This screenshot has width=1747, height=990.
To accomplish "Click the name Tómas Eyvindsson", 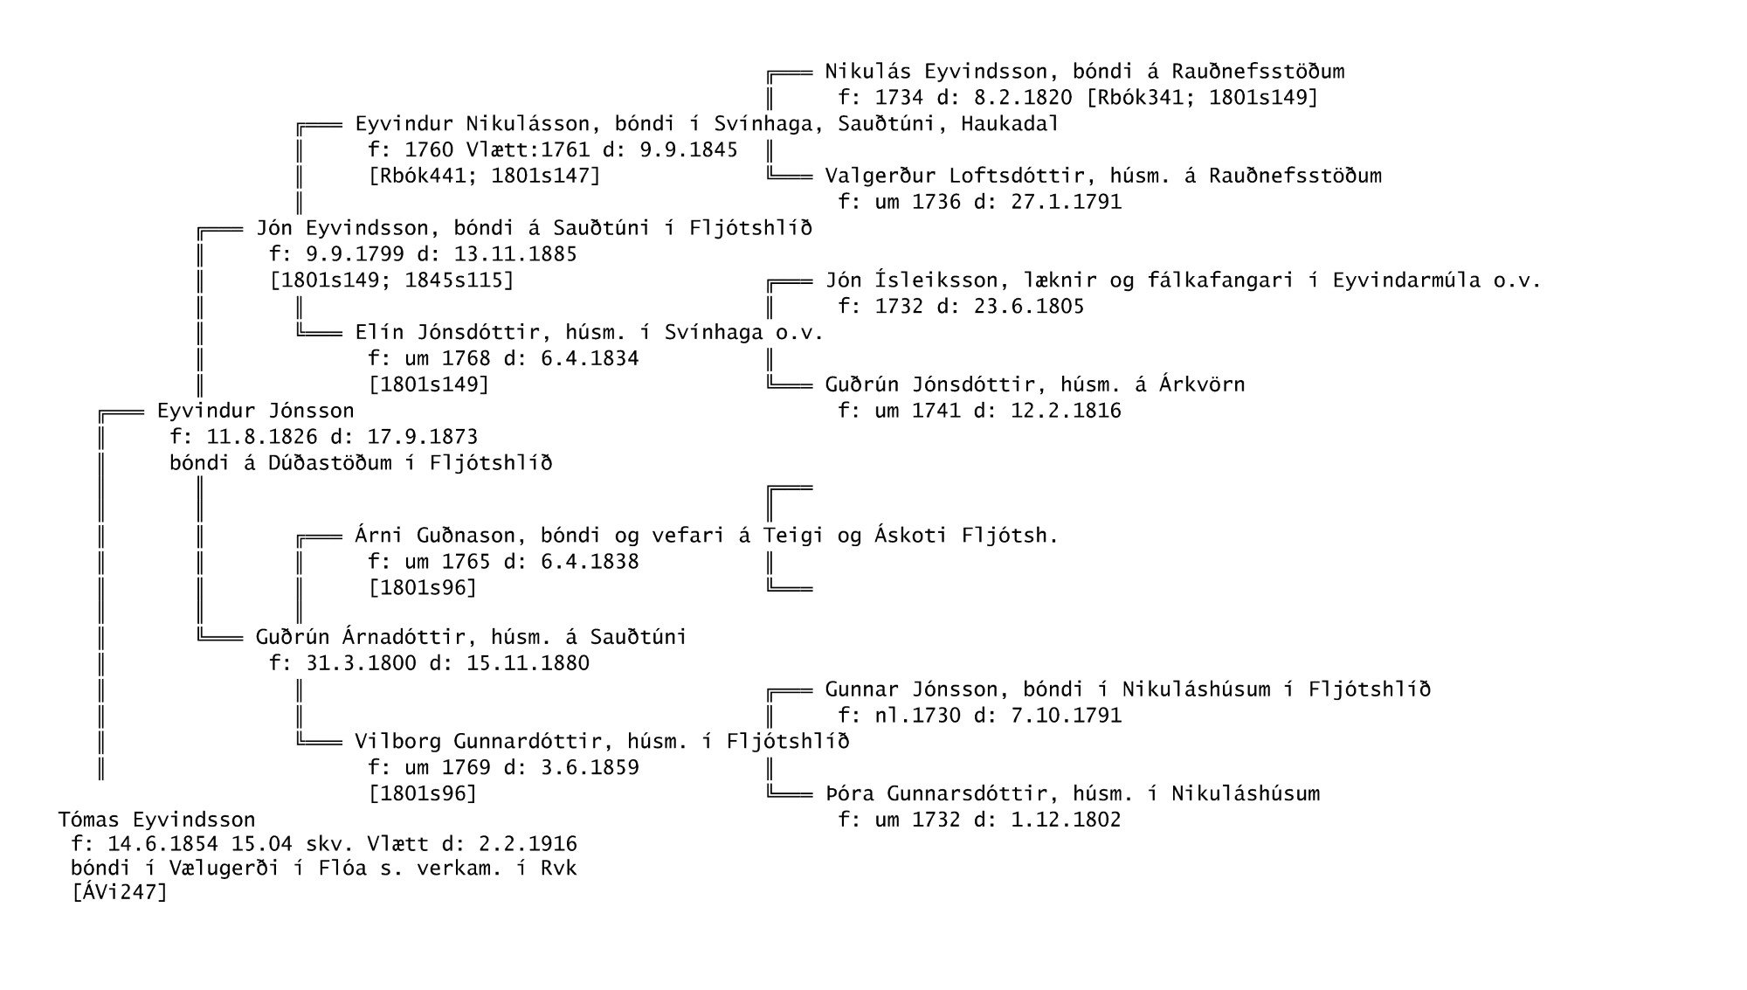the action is pyautogui.click(x=157, y=820).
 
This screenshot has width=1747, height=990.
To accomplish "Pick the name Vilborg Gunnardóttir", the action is pyautogui.click(x=479, y=742).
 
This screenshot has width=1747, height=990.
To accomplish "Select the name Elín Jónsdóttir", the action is pyautogui.click(x=447, y=333).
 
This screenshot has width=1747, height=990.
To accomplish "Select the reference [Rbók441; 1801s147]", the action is pyautogui.click(x=485, y=177).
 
